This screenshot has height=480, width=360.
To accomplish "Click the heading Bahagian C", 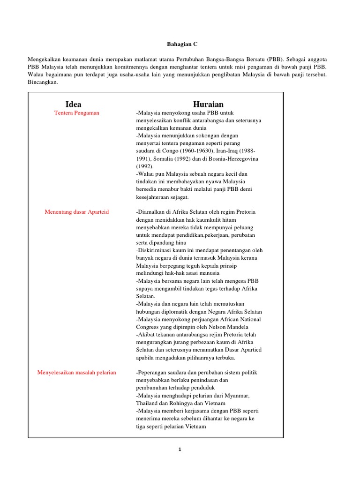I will [x=182, y=44].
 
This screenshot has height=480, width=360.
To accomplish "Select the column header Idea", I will [x=74, y=104].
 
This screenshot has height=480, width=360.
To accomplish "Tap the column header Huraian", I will [x=208, y=104].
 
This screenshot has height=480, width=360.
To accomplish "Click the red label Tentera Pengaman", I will [x=77, y=113].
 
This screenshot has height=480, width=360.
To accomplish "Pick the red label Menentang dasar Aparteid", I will [x=77, y=212].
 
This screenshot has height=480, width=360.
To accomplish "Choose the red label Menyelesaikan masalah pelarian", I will [x=77, y=372].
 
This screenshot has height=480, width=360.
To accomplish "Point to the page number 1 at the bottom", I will [x=180, y=450].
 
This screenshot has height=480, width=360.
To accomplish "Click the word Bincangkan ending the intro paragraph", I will [x=43, y=82].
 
